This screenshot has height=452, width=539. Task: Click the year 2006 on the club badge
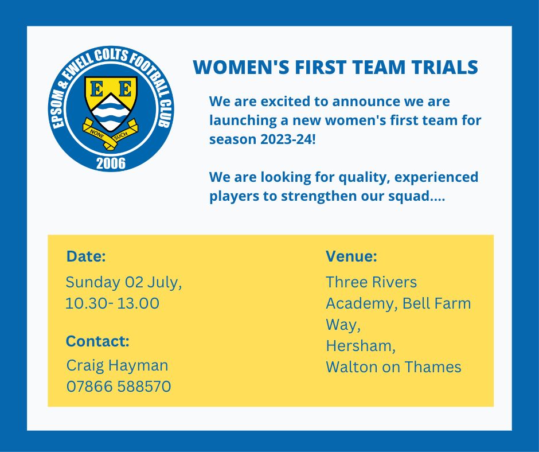[111, 163]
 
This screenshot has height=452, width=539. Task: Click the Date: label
[86, 256]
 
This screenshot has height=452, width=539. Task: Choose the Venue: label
[351, 256]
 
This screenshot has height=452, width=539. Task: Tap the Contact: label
[97, 341]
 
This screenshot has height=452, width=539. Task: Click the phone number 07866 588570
[119, 387]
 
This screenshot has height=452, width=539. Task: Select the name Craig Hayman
[118, 365]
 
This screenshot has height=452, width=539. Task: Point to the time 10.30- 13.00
[112, 303]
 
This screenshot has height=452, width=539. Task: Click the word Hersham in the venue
[360, 346]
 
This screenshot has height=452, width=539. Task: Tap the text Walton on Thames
[393, 367]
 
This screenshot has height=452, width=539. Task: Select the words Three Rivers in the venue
[372, 282]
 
